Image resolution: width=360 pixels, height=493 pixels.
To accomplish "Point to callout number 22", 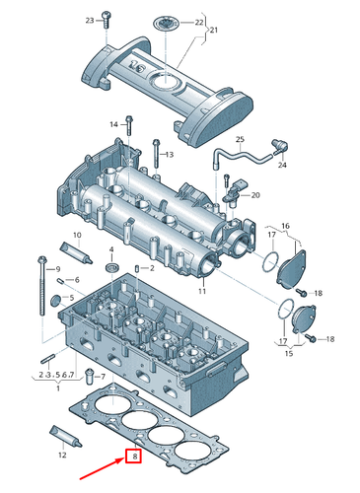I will pyautogui.click(x=199, y=22).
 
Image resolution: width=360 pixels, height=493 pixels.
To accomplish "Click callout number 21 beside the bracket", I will pyautogui.click(x=209, y=32).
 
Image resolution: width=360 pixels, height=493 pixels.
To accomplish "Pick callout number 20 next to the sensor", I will pyautogui.click(x=256, y=195).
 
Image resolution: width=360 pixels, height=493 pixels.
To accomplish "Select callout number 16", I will pyautogui.click(x=285, y=226).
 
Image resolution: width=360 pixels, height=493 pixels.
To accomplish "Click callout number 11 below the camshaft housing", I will pyautogui.click(x=200, y=293).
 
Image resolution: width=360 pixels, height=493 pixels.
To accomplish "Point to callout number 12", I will pyautogui.click(x=62, y=456).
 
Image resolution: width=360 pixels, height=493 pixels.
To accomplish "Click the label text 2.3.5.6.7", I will pyautogui.click(x=56, y=376).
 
